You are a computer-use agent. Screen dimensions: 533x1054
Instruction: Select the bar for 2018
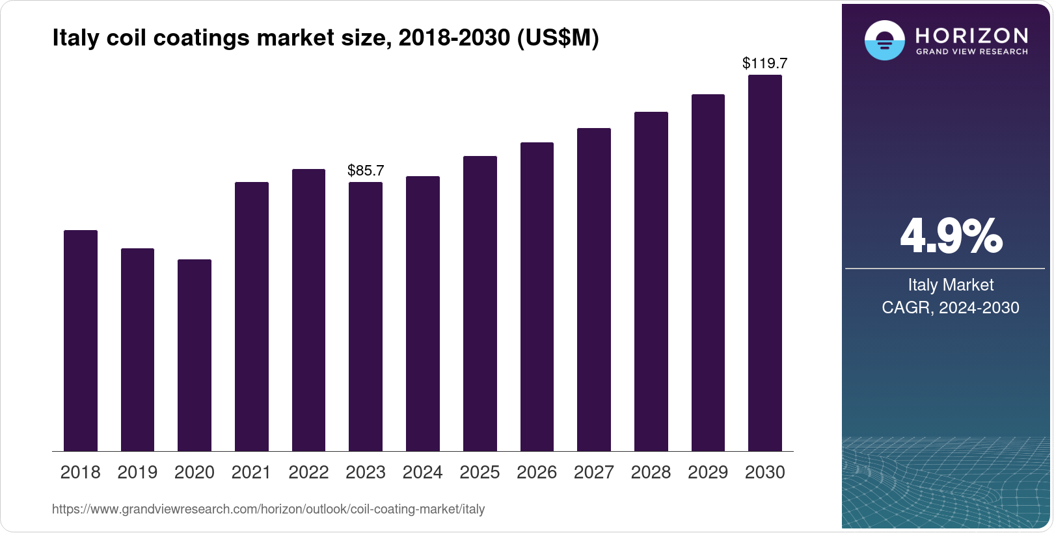pyautogui.click(x=81, y=341)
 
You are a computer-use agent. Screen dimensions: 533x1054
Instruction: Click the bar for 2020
pyautogui.click(x=195, y=355)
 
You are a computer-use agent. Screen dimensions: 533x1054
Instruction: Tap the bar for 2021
pyautogui.click(x=252, y=317)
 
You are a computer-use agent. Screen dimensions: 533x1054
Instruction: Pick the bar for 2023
pyautogui.click(x=366, y=317)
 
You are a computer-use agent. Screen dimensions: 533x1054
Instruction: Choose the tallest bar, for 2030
pyautogui.click(x=765, y=263)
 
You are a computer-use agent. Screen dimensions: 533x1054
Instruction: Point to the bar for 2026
pyautogui.click(x=537, y=296)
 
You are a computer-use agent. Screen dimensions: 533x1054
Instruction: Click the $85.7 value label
pyautogui.click(x=366, y=170)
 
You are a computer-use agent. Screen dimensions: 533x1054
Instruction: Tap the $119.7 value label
pyautogui.click(x=765, y=63)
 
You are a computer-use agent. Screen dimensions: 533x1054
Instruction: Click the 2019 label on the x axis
pyautogui.click(x=137, y=472)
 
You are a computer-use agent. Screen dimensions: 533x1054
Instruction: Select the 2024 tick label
pyautogui.click(x=422, y=472)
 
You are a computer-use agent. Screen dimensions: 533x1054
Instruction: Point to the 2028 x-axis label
pyautogui.click(x=651, y=472)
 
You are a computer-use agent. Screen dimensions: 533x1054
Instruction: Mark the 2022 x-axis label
pyautogui.click(x=308, y=472)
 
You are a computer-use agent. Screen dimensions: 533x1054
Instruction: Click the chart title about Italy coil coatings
pyautogui.click(x=325, y=38)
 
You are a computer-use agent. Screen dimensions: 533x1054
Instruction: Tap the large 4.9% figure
pyautogui.click(x=951, y=236)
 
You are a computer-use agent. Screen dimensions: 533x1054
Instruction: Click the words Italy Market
pyautogui.click(x=951, y=285)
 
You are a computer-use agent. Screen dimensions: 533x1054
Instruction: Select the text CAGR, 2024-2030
pyautogui.click(x=951, y=307)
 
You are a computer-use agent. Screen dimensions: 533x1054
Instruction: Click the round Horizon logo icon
pyautogui.click(x=884, y=40)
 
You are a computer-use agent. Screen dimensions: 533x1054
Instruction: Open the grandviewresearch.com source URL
pyautogui.click(x=268, y=509)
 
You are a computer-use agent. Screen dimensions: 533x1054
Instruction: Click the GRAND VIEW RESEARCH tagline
pyautogui.click(x=971, y=51)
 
